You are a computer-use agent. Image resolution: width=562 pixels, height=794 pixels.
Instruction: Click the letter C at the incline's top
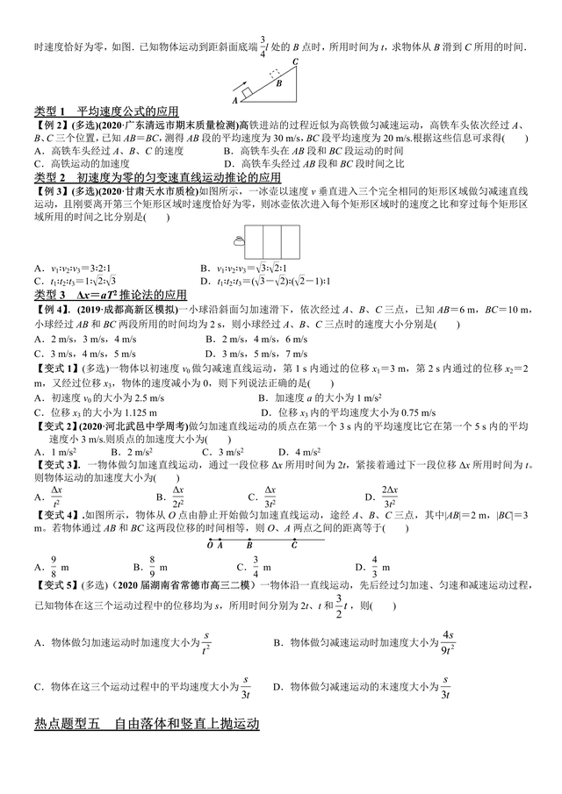tap(296, 61)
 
